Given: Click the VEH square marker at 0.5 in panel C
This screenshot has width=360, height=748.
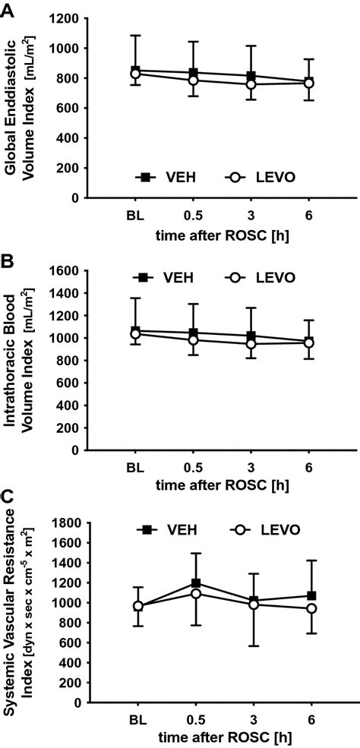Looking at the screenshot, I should point(196,583).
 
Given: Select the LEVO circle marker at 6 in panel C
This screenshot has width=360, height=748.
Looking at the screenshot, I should point(311,608).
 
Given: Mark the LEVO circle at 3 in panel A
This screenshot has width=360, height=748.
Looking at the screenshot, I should point(251,84).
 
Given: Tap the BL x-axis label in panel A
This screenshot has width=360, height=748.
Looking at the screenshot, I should point(135,213).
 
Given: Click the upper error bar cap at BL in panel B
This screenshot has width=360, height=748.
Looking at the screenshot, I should point(135,298).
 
